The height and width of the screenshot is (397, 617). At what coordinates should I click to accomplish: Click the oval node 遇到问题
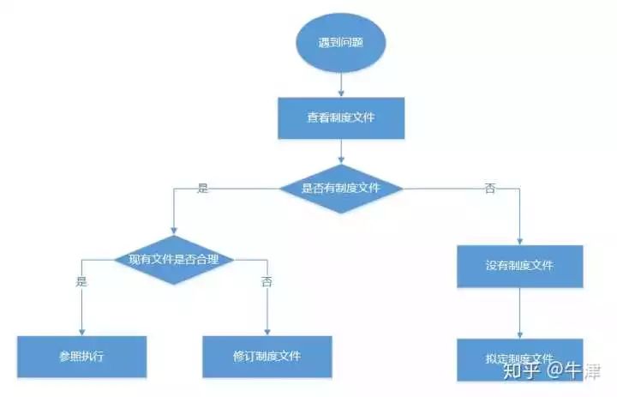tap(341, 41)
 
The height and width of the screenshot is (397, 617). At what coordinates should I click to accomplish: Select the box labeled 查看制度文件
tap(341, 117)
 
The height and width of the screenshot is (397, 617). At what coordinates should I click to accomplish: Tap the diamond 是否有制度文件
tap(341, 188)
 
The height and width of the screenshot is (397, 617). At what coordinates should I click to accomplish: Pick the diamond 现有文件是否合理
tap(175, 258)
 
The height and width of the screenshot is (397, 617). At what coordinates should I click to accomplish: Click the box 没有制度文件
tap(519, 265)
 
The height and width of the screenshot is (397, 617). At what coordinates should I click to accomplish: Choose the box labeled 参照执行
tap(81, 355)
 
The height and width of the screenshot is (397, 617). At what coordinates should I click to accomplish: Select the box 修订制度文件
tap(267, 355)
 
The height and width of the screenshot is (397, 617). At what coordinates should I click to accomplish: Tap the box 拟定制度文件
tap(519, 358)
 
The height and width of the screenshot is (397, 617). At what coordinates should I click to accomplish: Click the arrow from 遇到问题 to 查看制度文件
tap(341, 82)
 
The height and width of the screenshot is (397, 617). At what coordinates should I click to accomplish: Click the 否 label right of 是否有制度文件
tap(490, 188)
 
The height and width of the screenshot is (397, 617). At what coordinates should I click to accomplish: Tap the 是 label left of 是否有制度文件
tap(203, 188)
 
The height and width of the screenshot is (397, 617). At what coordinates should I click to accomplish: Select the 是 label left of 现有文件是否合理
tap(81, 281)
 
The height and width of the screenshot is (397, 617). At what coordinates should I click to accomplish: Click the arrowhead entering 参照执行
tap(81, 331)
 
